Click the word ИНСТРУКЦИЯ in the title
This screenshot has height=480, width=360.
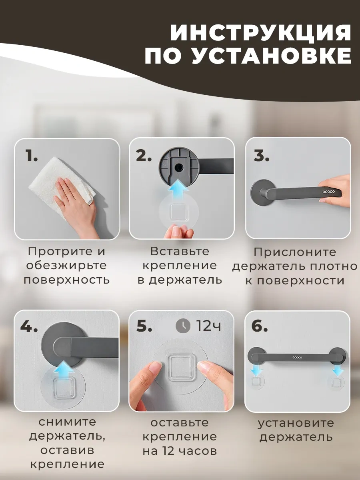pyautogui.click(x=260, y=32)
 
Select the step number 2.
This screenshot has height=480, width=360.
pyautogui.click(x=144, y=156)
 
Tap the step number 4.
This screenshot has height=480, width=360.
pyautogui.click(x=29, y=327)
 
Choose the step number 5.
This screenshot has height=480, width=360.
pyautogui.click(x=144, y=326)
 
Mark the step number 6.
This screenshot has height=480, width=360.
pyautogui.click(x=259, y=326)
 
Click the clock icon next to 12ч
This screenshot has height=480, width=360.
pyautogui.click(x=183, y=326)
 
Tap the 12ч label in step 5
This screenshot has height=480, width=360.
pyautogui.click(x=208, y=326)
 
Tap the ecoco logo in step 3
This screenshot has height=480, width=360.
pyautogui.click(x=328, y=192)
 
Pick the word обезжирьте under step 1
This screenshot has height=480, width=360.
pyautogui.click(x=66, y=266)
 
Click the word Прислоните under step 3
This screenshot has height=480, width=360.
pyautogui.click(x=295, y=252)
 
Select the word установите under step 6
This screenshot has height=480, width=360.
pyautogui.click(x=296, y=423)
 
